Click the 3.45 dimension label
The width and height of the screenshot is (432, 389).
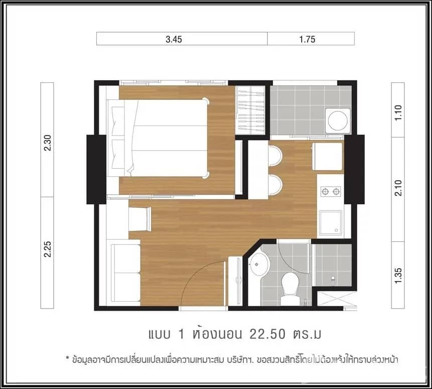tap(173, 39)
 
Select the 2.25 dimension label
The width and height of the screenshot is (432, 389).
tap(48, 249)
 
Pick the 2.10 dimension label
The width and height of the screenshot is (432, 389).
tap(398, 188)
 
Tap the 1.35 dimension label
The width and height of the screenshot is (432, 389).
tap(398, 276)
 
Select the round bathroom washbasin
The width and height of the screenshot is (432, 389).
tap(259, 263)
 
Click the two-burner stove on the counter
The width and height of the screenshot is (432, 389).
tap(330, 191)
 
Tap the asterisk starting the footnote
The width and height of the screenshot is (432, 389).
tap(67, 358)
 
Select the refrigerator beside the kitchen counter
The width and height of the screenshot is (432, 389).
tap(328, 157)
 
